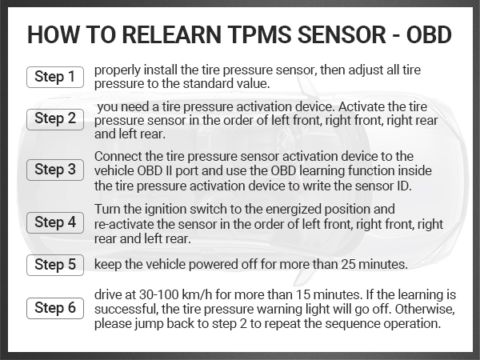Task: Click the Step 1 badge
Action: point(54,77)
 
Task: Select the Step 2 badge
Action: point(54,119)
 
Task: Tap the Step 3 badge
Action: point(54,170)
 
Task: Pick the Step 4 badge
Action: point(54,222)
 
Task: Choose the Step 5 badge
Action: point(54,264)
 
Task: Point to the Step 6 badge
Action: point(54,308)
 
